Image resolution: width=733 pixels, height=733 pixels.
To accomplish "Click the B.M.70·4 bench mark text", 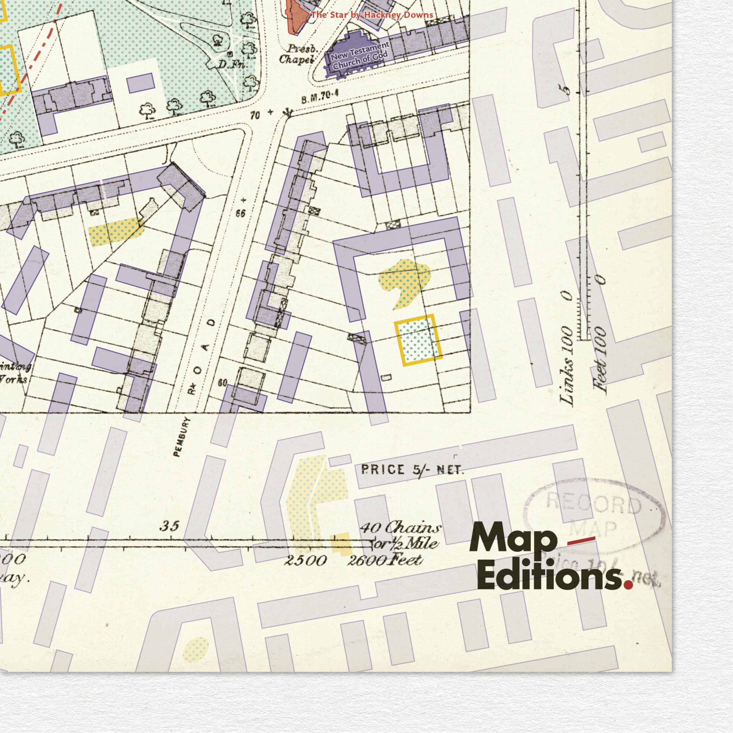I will click(320, 97).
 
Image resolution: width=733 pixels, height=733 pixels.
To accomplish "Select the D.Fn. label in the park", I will click(233, 65).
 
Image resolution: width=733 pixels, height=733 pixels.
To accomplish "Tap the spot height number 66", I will click(240, 213).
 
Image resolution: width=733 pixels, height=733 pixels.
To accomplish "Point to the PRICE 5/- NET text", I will click(412, 470).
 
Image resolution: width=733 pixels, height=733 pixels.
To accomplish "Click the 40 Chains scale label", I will click(400, 527).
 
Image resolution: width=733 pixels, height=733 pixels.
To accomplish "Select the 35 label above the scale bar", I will click(169, 526).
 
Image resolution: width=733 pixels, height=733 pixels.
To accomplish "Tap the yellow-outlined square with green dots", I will click(418, 340).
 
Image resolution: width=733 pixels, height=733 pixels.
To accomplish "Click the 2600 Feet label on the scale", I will click(384, 560).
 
